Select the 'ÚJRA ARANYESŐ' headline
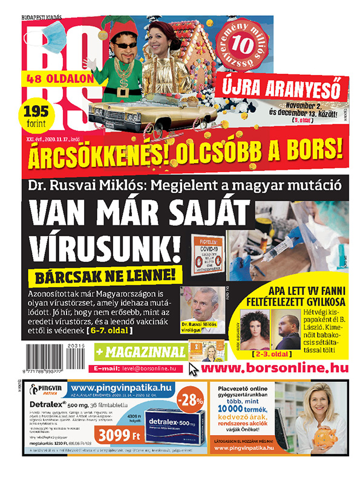point(281,86)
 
